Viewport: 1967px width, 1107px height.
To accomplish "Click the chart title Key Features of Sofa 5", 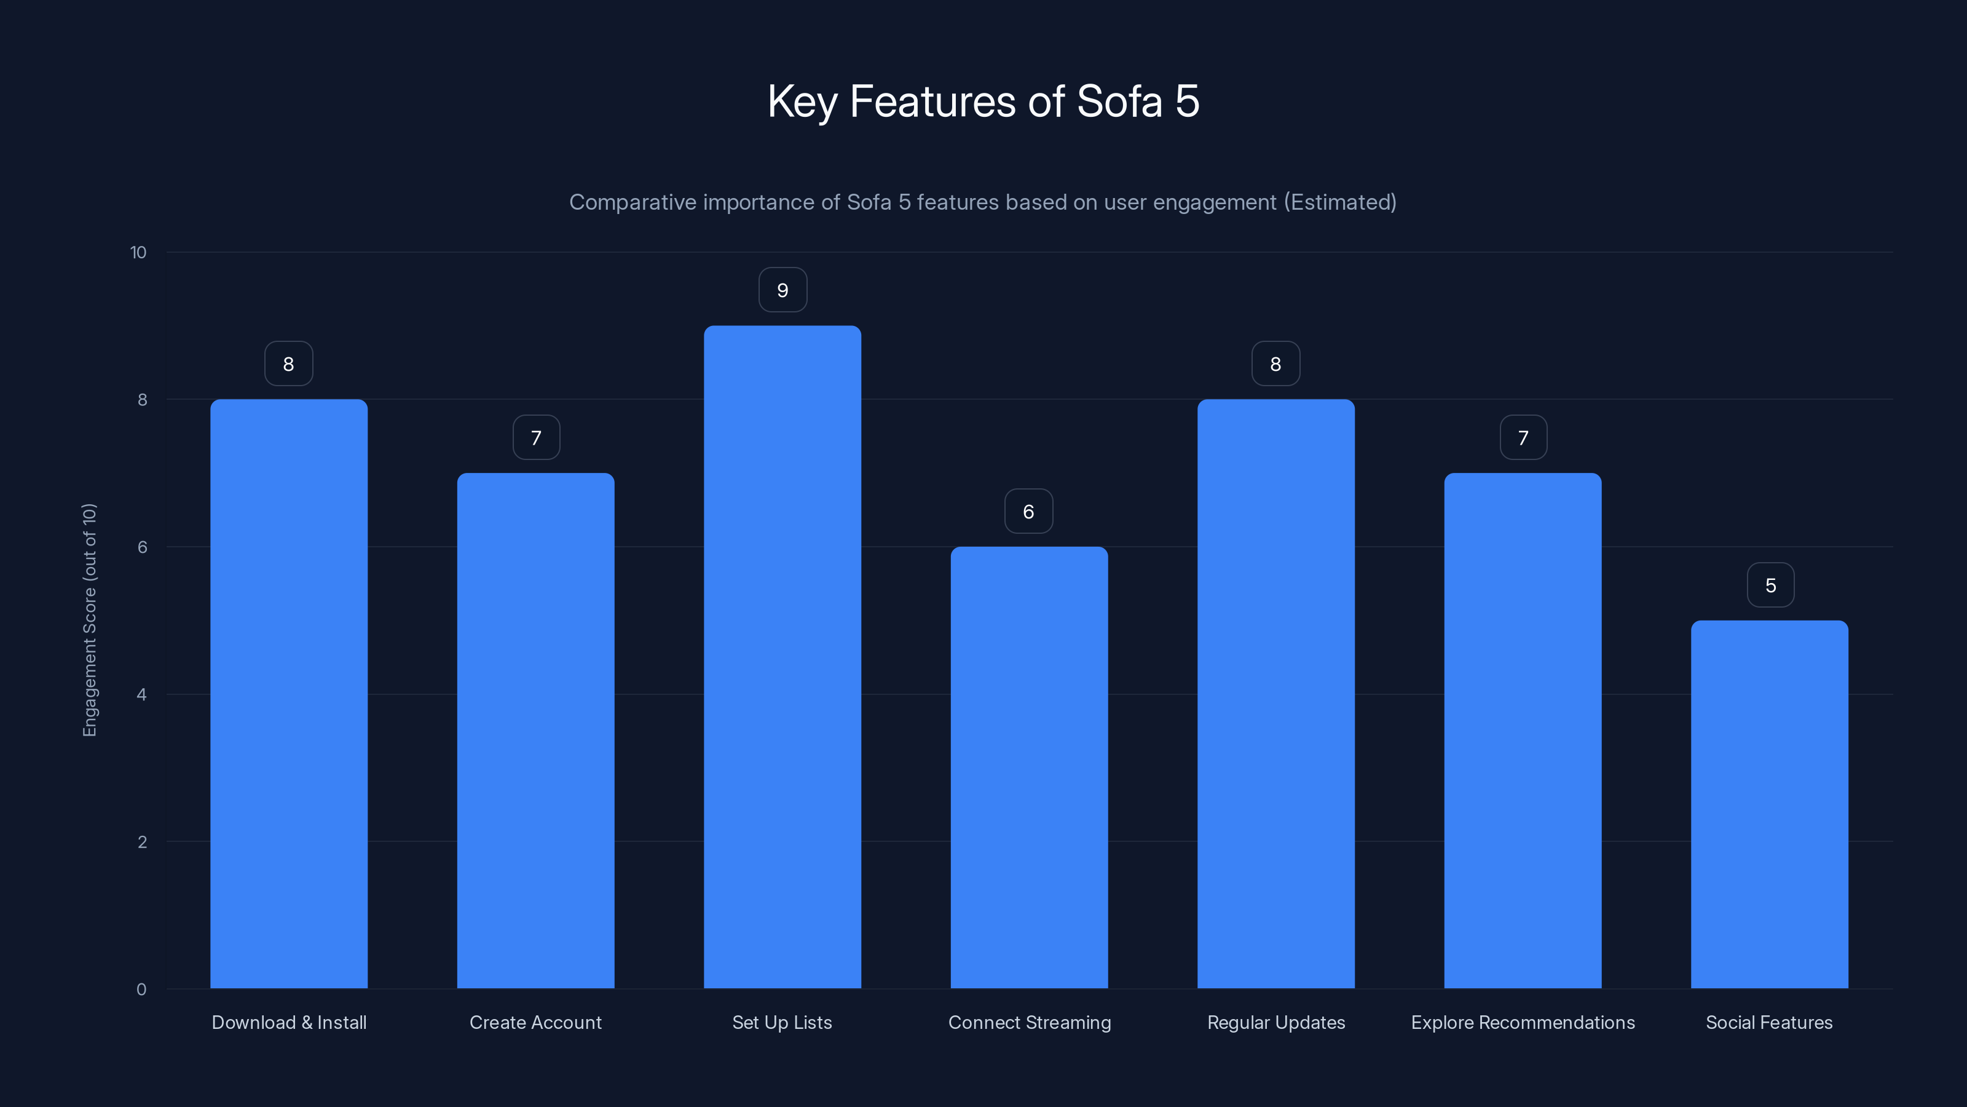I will click(983, 101).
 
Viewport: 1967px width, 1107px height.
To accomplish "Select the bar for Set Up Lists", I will click(782, 657).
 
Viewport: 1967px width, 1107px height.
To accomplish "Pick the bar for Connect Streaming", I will click(1028, 768).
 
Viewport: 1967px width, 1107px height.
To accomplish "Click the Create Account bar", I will click(535, 731).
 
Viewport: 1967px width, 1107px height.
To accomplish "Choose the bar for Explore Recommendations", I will click(1523, 731).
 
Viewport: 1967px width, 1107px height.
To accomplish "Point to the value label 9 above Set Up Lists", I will click(782, 290).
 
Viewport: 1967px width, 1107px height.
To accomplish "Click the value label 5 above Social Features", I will click(1770, 585).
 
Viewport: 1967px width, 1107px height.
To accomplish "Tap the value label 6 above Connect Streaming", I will click(1028, 512).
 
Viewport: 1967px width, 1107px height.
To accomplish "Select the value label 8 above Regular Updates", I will click(1275, 365).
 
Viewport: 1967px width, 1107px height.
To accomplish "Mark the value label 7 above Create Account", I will click(536, 438).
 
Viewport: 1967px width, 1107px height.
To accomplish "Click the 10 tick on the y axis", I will click(138, 253).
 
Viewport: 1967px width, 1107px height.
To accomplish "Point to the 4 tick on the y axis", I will click(141, 694).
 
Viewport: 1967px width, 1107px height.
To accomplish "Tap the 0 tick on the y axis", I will click(141, 990).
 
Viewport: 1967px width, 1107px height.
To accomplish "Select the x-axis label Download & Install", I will click(289, 1022).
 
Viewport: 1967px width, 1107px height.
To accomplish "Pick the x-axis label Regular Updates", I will click(1276, 1022).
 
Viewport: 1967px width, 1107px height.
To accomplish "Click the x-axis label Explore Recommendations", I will click(1523, 1022).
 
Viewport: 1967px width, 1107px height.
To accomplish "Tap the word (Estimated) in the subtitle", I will click(1339, 202).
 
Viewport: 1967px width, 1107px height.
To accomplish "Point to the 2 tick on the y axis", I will click(141, 842).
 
